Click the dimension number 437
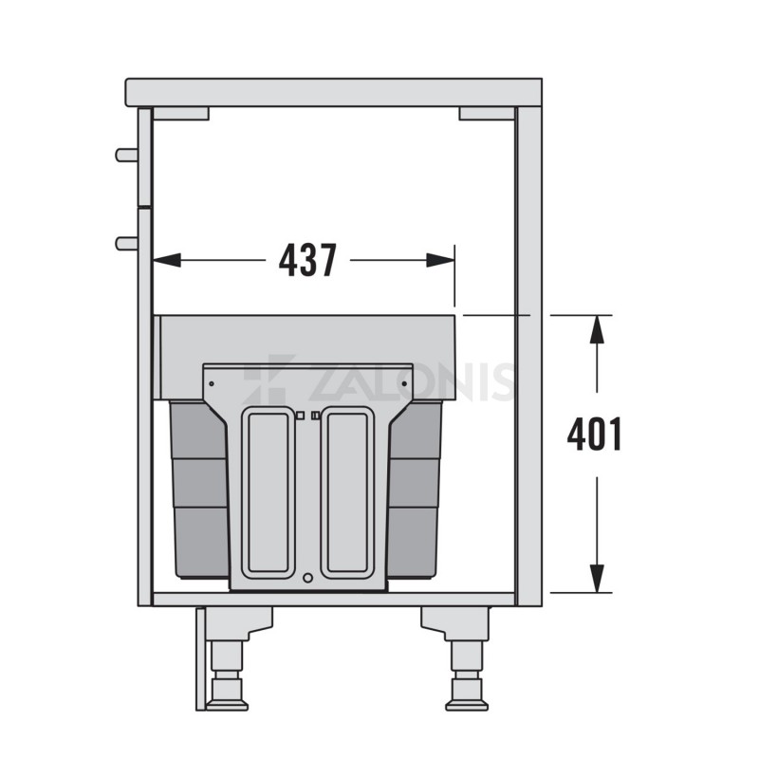click(x=308, y=260)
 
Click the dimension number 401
click(x=595, y=435)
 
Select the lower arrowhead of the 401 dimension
click(x=596, y=578)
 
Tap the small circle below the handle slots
click(x=306, y=578)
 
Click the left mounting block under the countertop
click(x=180, y=113)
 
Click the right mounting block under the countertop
click(x=486, y=113)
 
